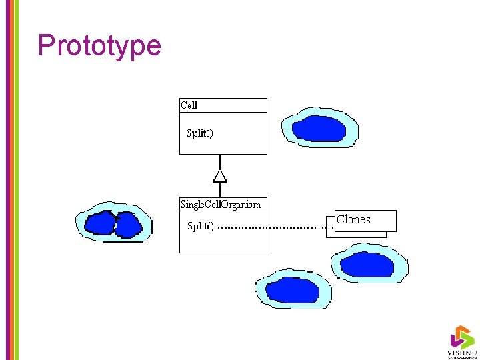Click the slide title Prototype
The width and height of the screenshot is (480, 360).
[x=99, y=45]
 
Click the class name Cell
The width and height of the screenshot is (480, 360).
[x=189, y=105]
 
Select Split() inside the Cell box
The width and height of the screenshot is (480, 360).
[x=199, y=133]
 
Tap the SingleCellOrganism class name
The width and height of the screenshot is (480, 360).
[x=221, y=204]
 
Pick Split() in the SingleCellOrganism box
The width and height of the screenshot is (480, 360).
[x=200, y=226]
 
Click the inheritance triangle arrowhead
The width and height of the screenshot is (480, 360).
[x=220, y=176]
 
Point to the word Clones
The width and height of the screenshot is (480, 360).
[x=353, y=219]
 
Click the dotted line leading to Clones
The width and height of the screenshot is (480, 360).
[x=273, y=227]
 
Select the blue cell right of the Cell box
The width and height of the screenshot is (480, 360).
[x=319, y=127]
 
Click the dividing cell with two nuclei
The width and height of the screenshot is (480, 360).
[x=113, y=222]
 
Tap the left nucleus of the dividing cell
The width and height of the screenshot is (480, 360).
[x=100, y=223]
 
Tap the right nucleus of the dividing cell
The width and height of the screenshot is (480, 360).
[x=127, y=225]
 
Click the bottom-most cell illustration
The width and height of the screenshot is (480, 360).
[x=293, y=289]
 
